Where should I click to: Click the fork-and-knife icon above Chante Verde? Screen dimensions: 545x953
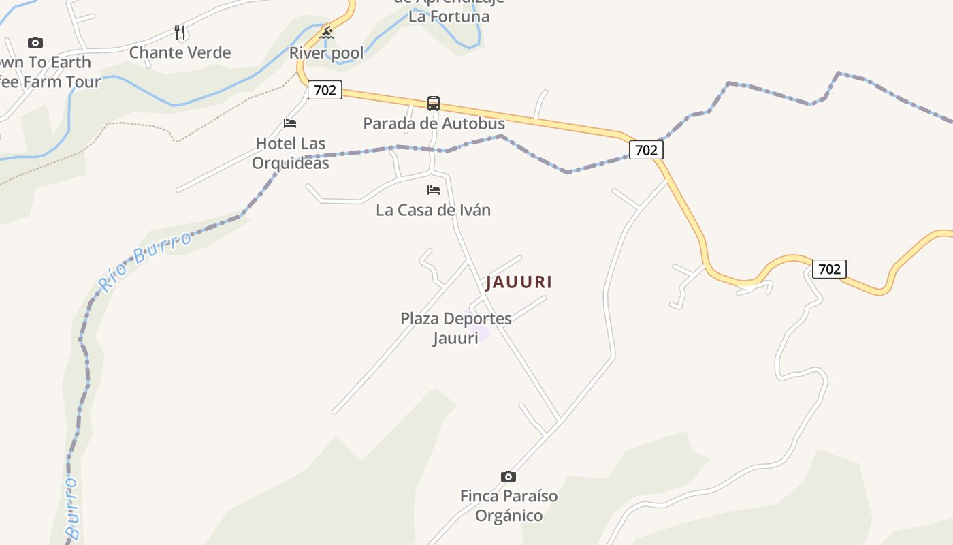point(180,33)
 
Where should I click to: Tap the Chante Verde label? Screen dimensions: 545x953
point(180,52)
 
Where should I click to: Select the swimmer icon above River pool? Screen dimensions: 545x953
point(327,33)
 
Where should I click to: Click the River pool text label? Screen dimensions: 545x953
point(327,53)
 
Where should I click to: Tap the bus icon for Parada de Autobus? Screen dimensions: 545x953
point(434,104)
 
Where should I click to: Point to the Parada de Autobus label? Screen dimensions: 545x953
point(434,123)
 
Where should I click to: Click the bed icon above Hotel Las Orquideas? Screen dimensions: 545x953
point(290,123)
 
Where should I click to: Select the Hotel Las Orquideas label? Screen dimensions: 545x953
point(290,153)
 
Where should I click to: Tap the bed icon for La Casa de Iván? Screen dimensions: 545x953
point(434,190)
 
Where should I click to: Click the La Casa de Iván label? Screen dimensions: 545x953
point(434,210)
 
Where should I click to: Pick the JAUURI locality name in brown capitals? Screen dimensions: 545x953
point(519,282)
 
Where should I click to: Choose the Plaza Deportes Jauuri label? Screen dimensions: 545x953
point(455,328)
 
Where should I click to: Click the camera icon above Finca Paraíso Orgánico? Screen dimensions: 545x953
point(508,476)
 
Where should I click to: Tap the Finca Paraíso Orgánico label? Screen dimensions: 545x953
point(508,505)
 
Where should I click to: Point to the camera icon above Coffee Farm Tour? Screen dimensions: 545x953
point(35,42)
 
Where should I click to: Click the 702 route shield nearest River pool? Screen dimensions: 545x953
point(325,89)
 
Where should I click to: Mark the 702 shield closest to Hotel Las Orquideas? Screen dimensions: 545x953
point(325,89)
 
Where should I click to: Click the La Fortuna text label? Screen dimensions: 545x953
point(449,16)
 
